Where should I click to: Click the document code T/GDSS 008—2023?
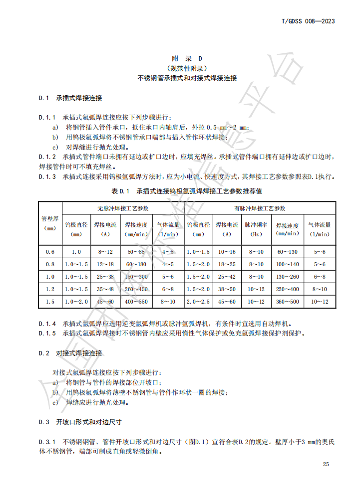(308, 21)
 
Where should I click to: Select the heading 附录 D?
(187, 58)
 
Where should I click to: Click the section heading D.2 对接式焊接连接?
(71, 353)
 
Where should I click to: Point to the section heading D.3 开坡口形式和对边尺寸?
(81, 422)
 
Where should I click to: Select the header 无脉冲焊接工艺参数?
(123, 208)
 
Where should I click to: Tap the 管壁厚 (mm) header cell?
(50, 223)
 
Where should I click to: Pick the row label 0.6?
(50, 252)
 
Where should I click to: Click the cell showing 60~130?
(287, 252)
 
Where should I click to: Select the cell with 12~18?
(106, 264)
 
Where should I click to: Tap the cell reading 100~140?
(287, 264)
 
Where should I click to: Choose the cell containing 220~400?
(287, 289)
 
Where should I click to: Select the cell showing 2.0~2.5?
(198, 302)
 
